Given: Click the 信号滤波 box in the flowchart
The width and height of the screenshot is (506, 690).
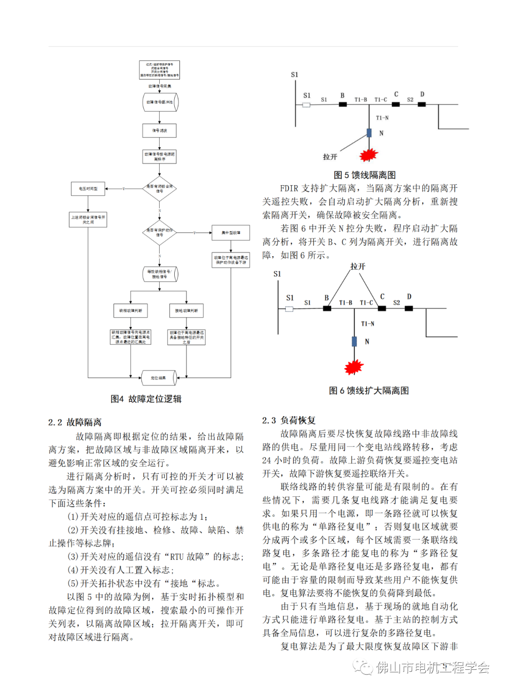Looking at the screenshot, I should click(x=159, y=130).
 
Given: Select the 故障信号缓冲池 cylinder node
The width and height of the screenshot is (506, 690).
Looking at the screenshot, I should click(x=160, y=102).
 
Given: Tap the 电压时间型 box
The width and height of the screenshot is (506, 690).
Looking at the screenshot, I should click(x=88, y=189).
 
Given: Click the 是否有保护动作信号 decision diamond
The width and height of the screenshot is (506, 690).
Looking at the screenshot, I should click(x=159, y=232).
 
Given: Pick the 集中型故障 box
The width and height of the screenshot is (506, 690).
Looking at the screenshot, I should click(x=231, y=233).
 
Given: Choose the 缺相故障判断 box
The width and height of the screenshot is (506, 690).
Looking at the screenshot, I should click(x=130, y=311).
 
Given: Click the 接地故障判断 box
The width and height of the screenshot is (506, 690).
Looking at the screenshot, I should click(x=186, y=311).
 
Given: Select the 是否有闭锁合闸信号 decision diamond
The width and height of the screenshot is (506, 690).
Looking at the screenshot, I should click(x=159, y=189).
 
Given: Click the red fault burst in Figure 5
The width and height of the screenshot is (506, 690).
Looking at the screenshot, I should click(x=369, y=154).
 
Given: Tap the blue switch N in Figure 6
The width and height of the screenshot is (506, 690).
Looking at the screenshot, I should click(x=354, y=341).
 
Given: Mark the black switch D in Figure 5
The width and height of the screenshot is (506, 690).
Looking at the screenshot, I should click(x=422, y=104).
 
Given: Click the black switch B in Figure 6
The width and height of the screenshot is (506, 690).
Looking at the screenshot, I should click(x=327, y=308).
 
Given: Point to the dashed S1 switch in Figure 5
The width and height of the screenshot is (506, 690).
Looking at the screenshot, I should click(x=306, y=105).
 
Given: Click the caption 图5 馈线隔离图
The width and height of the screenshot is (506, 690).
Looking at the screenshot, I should click(x=365, y=175).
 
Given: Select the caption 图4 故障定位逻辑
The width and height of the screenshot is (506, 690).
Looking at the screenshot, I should click(x=146, y=399).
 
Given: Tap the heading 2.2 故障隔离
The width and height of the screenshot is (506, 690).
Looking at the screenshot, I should click(x=75, y=422).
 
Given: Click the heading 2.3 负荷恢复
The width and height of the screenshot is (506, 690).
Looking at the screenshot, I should click(x=289, y=420).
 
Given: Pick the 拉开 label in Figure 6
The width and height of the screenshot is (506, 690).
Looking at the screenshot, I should click(x=358, y=266).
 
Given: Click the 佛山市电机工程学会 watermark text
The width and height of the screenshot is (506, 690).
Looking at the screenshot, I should click(x=432, y=667).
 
